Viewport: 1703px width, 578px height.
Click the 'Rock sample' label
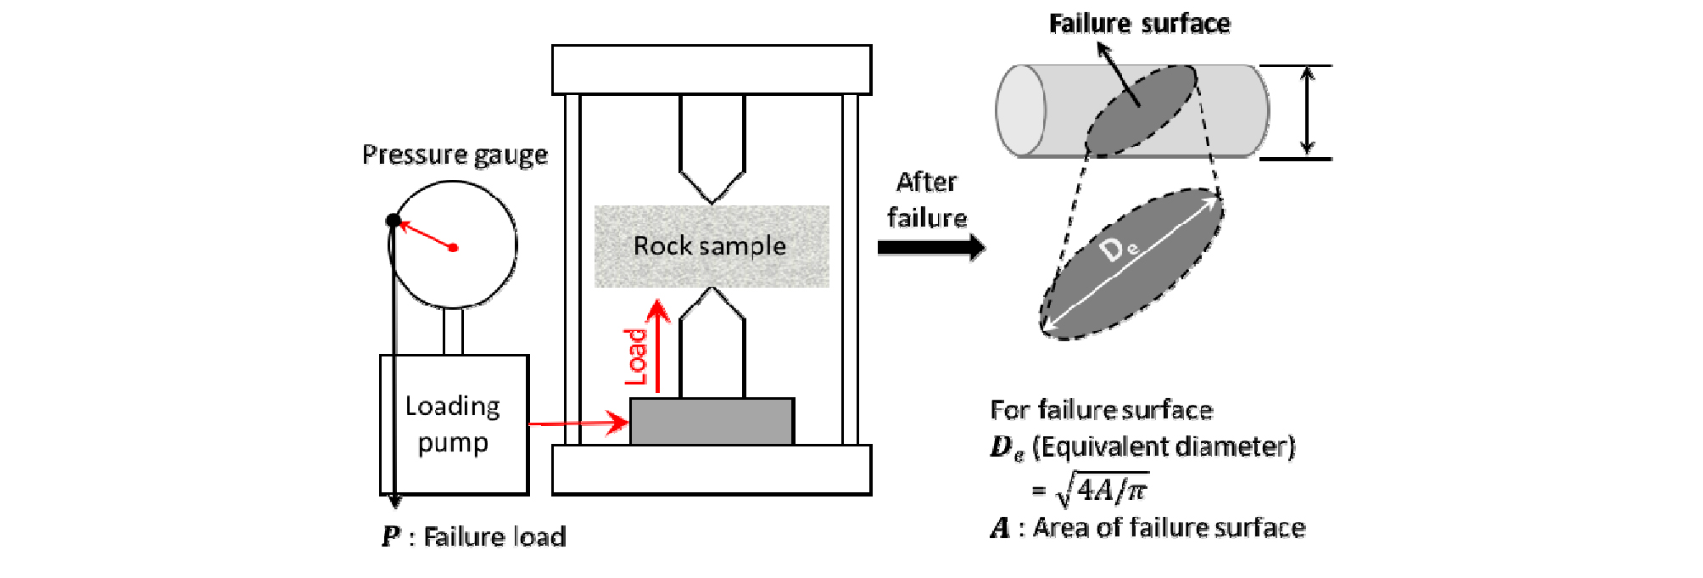point(710,246)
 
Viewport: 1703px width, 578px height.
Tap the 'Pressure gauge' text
point(455,154)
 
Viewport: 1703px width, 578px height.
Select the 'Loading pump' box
point(454,424)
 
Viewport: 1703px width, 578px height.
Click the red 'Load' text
point(637,357)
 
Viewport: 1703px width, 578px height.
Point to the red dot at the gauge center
point(454,248)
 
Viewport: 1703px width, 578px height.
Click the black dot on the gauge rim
point(394,221)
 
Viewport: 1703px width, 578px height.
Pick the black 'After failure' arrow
point(930,247)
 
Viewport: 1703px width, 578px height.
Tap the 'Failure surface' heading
point(1139,24)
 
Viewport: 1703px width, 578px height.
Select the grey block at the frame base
point(712,421)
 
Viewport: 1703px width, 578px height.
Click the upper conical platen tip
point(712,199)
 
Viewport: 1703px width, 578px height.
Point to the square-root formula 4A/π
point(1103,490)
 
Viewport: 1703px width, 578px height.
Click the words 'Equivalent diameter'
point(1164,446)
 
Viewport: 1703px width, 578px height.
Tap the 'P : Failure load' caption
point(473,536)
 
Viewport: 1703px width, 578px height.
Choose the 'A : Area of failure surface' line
point(1147,528)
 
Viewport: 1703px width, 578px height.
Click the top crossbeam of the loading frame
point(712,70)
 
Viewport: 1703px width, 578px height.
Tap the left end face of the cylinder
point(1020,110)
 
